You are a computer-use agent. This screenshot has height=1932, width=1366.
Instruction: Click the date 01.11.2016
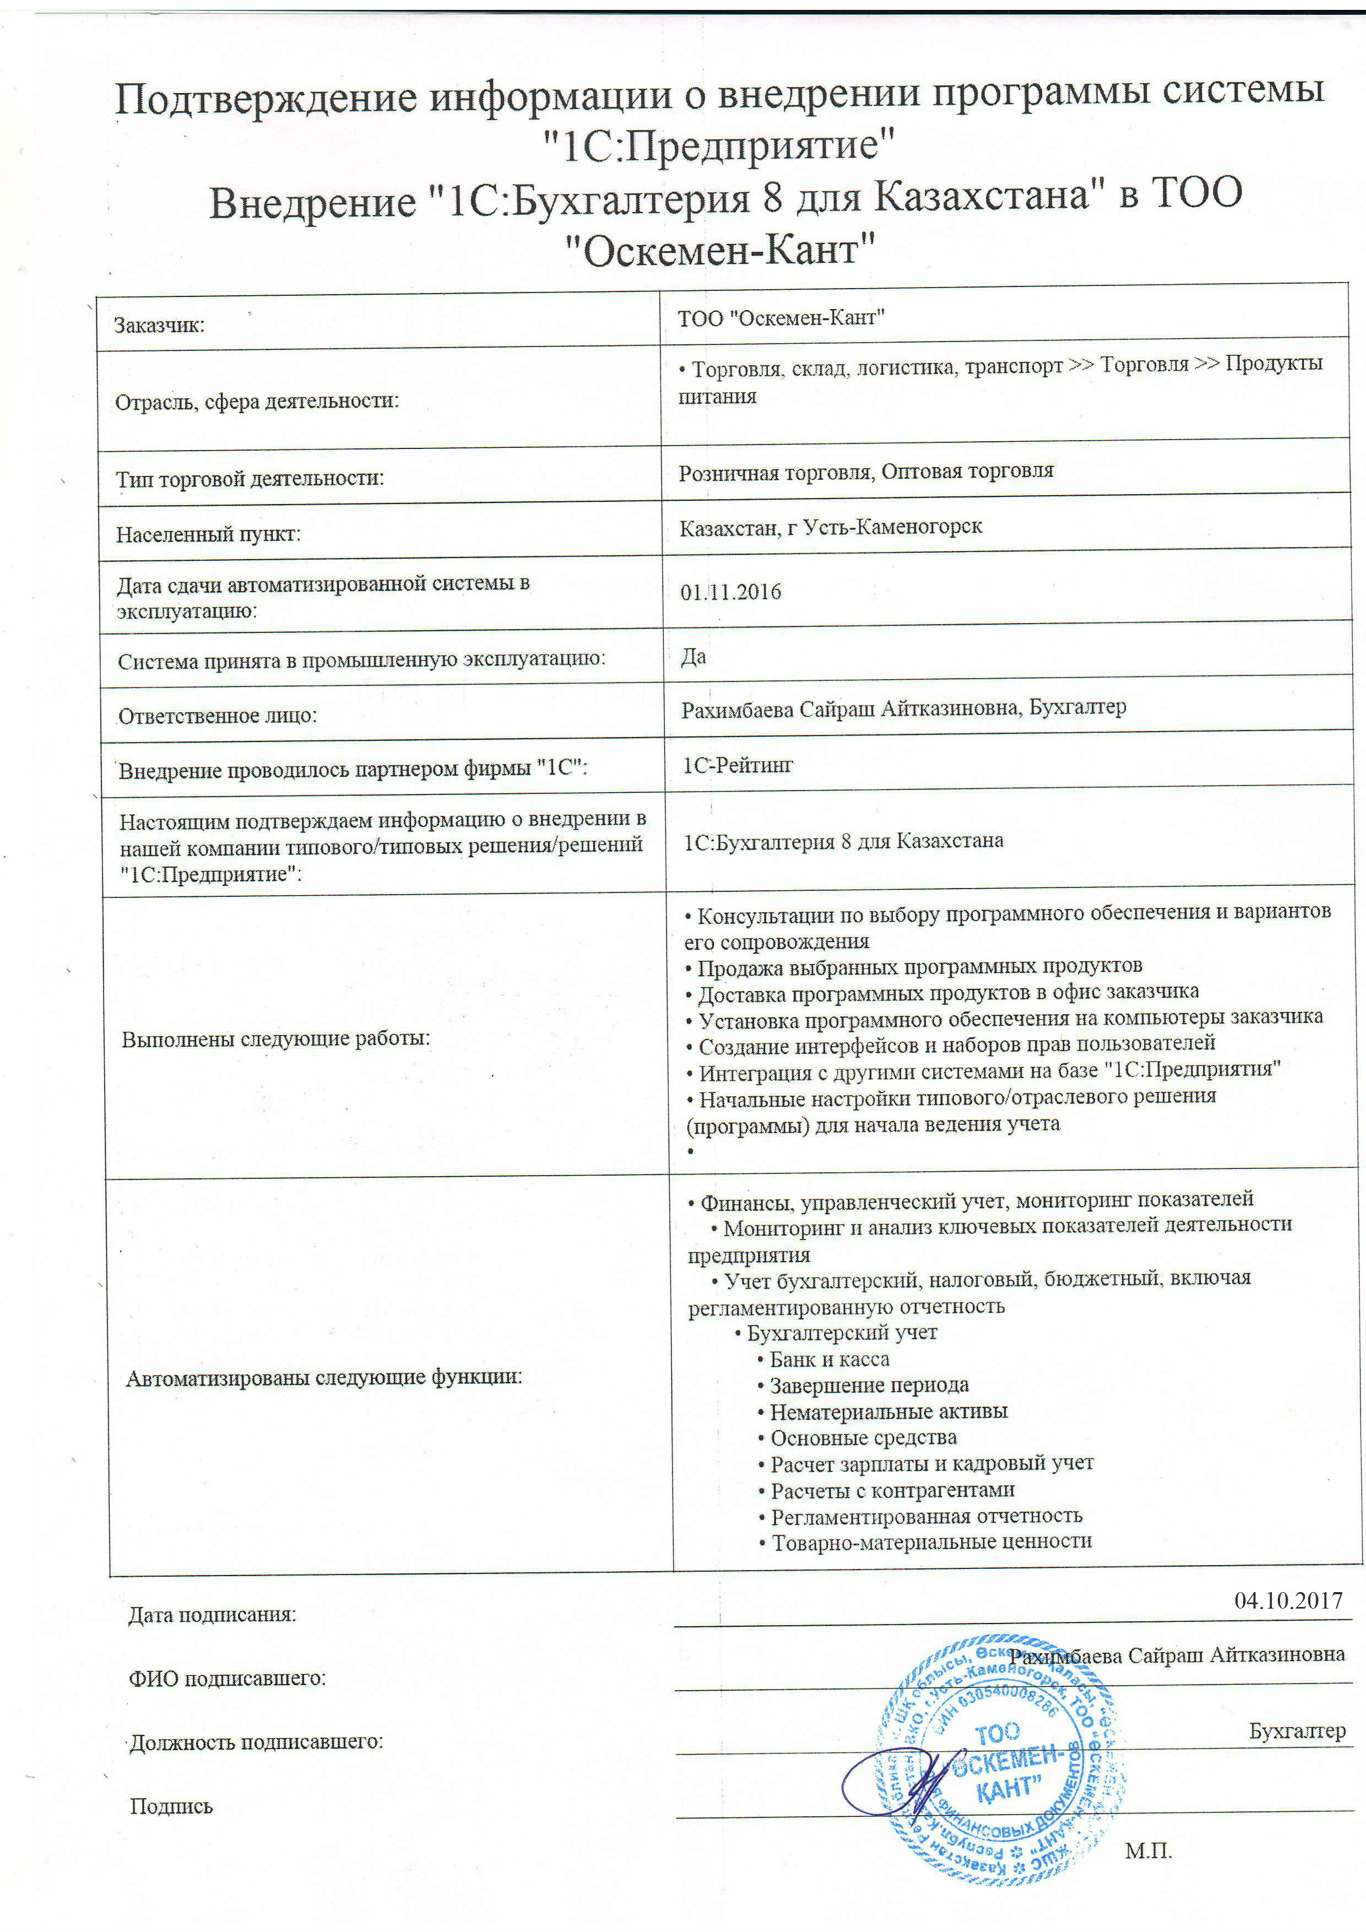730,592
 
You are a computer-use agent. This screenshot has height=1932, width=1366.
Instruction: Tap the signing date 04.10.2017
1288,1600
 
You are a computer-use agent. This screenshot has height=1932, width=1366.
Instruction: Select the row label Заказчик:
160,326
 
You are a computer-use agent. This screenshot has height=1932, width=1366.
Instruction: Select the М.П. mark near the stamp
1148,1850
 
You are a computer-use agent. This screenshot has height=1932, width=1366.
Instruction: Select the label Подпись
172,1806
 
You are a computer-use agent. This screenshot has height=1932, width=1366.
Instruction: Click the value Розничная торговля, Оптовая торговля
866,471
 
